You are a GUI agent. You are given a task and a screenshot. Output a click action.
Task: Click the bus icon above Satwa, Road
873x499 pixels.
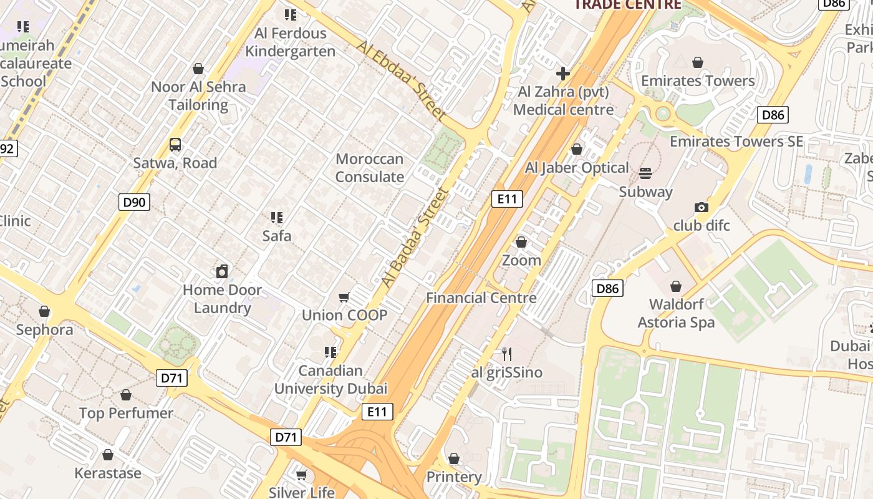(x=175, y=145)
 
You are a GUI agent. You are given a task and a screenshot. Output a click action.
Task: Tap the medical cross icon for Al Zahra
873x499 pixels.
(x=563, y=74)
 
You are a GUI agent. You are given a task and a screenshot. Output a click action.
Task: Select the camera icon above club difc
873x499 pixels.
(x=702, y=207)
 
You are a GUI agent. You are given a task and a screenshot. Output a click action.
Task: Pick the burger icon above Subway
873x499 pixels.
(x=645, y=173)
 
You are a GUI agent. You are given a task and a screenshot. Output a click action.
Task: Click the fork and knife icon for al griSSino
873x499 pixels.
(x=507, y=354)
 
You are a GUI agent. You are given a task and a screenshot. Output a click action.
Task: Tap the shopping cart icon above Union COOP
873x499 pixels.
(x=344, y=297)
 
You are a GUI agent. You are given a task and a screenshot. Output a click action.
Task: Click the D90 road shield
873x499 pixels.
(x=134, y=201)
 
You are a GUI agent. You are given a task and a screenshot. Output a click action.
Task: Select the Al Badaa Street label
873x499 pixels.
(x=415, y=238)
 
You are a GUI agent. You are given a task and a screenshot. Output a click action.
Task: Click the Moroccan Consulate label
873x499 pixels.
(x=370, y=168)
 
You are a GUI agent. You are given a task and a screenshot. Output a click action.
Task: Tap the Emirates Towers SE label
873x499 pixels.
(x=736, y=142)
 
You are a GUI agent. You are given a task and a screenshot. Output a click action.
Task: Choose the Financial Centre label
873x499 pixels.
(x=481, y=298)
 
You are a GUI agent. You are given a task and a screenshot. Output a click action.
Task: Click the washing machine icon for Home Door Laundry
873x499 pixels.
(x=222, y=271)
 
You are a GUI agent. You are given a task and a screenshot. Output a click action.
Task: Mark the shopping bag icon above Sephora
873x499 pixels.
(x=44, y=311)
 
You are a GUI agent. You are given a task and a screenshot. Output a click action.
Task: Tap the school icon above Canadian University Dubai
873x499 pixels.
(x=330, y=352)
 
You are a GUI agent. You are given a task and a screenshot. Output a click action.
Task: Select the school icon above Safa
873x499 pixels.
(x=277, y=218)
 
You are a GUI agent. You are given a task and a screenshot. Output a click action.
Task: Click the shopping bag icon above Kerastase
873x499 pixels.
(x=108, y=455)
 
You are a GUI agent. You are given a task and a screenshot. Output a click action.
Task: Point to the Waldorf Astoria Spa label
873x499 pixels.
(x=676, y=314)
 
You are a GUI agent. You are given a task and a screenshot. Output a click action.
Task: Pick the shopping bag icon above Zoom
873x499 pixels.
(x=521, y=242)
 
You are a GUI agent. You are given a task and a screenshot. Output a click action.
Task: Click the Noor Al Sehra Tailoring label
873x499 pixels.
(x=198, y=95)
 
